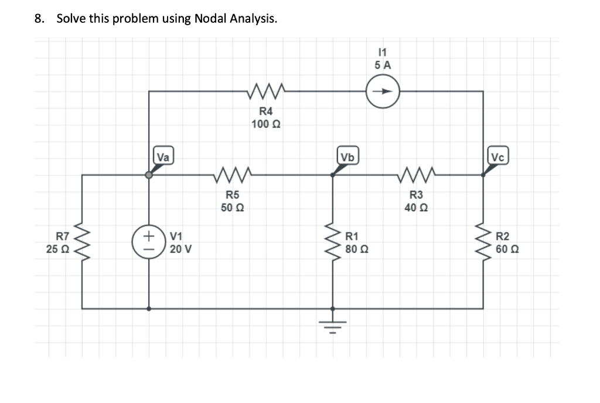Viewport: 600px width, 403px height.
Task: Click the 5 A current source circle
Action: point(383,92)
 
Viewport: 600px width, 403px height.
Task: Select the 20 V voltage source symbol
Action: point(149,242)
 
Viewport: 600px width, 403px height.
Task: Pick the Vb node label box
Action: point(347,157)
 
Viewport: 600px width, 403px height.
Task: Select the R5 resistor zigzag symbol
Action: point(233,174)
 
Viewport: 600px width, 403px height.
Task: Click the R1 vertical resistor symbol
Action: point(333,242)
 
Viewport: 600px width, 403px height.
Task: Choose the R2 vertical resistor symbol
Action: point(483,242)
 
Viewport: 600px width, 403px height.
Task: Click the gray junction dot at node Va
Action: point(149,175)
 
